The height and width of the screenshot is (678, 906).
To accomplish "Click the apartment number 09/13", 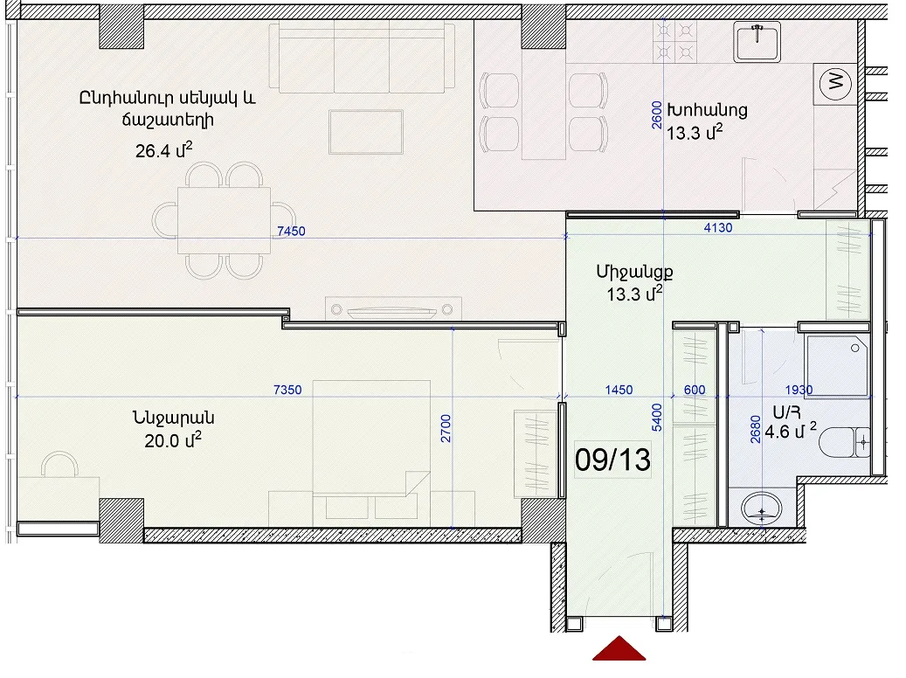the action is (612, 460).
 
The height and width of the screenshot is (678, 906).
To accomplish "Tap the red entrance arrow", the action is (619, 649).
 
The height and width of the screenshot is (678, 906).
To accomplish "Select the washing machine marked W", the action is (835, 84).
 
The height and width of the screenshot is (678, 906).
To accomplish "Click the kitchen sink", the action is (757, 42).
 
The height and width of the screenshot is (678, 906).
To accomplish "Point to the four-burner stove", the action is (674, 42).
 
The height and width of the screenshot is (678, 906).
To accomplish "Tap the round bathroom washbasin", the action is (762, 508).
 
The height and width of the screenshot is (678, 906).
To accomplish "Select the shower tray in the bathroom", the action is (837, 366).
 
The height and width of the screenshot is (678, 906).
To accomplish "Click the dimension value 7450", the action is (291, 232).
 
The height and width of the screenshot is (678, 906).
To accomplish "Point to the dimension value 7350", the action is (287, 391).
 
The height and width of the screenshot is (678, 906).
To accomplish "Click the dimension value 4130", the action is (718, 228).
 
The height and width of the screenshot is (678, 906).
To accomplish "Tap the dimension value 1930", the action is (799, 391).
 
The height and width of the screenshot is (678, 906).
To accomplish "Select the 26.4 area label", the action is (163, 150).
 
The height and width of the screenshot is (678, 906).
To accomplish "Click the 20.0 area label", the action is (173, 440).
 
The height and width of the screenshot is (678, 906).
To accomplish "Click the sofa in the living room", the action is (362, 57).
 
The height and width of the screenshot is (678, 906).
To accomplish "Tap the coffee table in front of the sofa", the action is (366, 132).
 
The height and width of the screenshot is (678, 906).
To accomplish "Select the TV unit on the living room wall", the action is (393, 308).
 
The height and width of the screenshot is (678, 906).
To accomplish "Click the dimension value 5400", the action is (657, 418).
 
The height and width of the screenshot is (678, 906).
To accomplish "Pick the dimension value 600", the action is (695, 391).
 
